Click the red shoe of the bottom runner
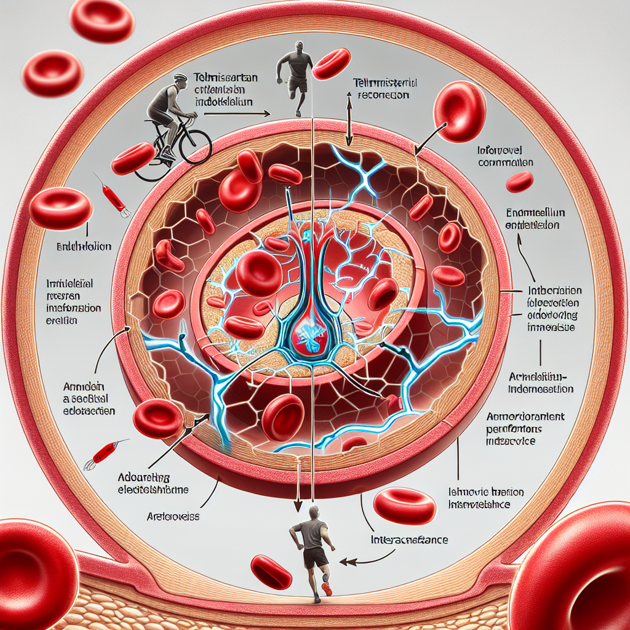(x=327, y=589)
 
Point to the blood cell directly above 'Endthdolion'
(x=60, y=208)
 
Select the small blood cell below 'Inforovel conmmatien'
(x=519, y=182)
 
